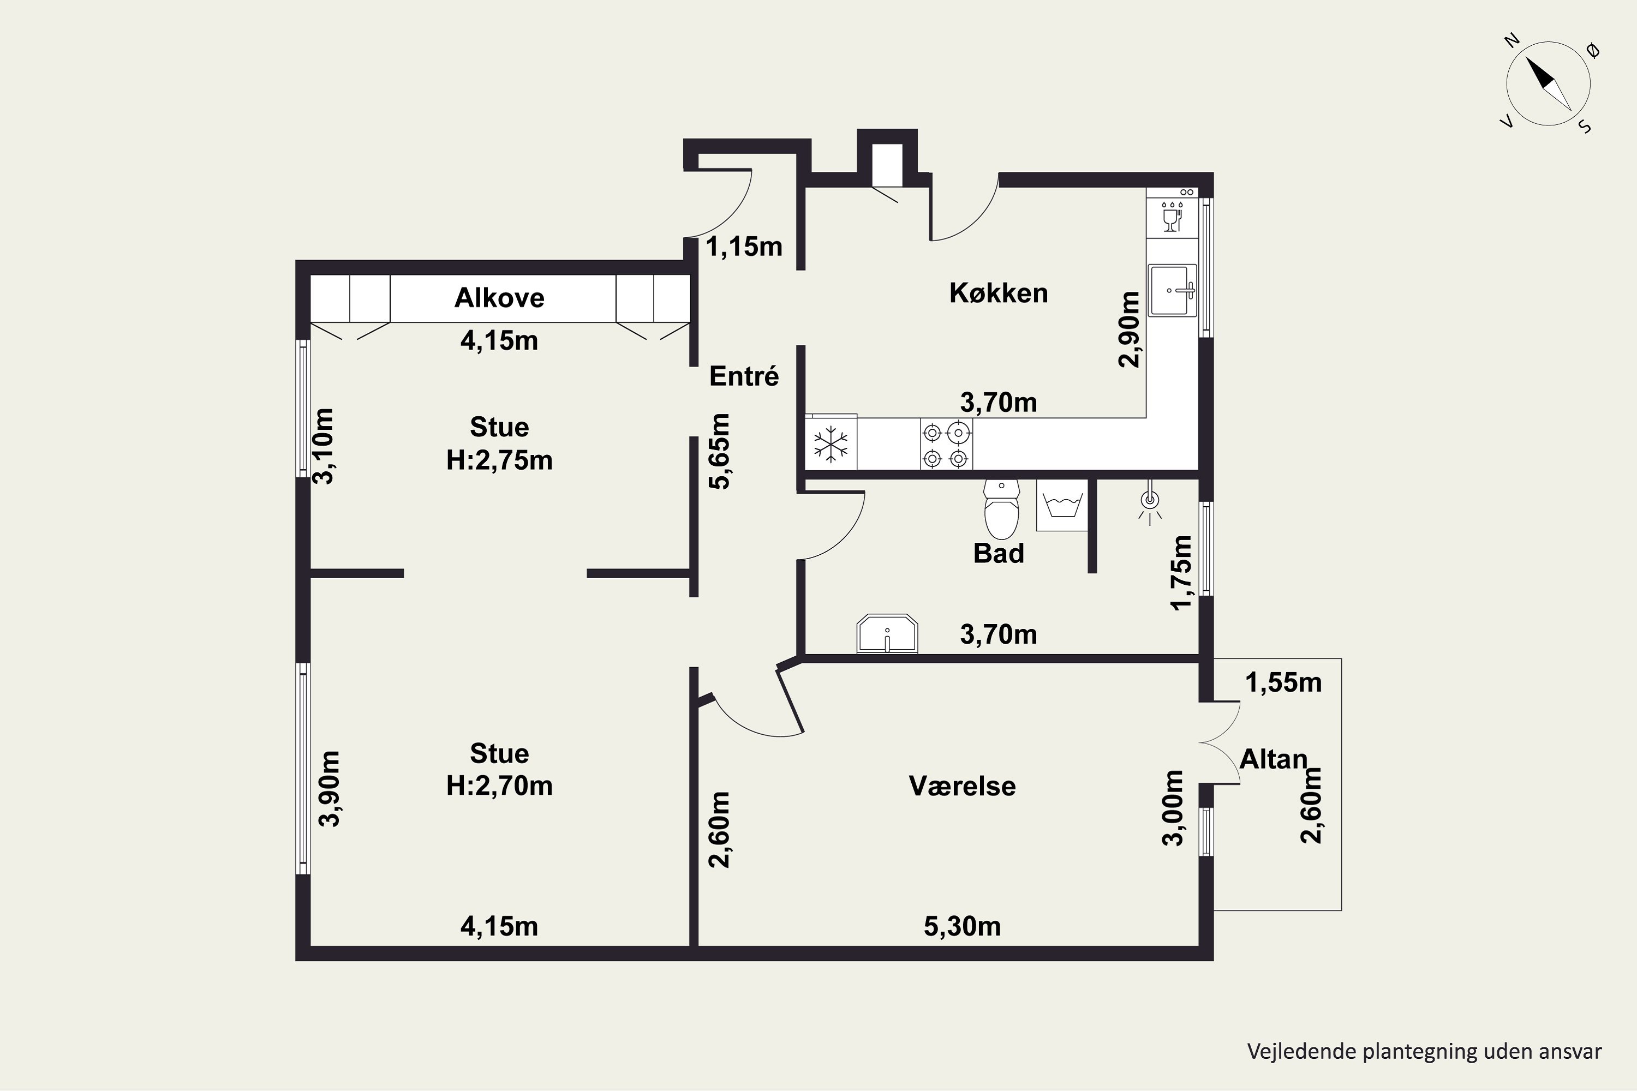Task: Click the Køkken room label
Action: click(998, 293)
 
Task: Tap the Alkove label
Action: click(499, 298)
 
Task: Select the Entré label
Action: click(744, 376)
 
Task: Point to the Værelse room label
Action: click(962, 786)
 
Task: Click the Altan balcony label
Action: click(1274, 759)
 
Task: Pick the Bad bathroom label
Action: click(999, 553)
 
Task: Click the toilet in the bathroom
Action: click(1001, 509)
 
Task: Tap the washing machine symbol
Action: click(1062, 505)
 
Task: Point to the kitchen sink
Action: click(1173, 290)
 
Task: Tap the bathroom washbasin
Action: click(887, 633)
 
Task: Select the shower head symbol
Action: click(1150, 503)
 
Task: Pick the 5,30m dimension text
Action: click(962, 926)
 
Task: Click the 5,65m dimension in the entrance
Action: click(720, 452)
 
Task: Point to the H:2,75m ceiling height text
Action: click(499, 460)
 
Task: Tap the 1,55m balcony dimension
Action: click(1283, 682)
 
